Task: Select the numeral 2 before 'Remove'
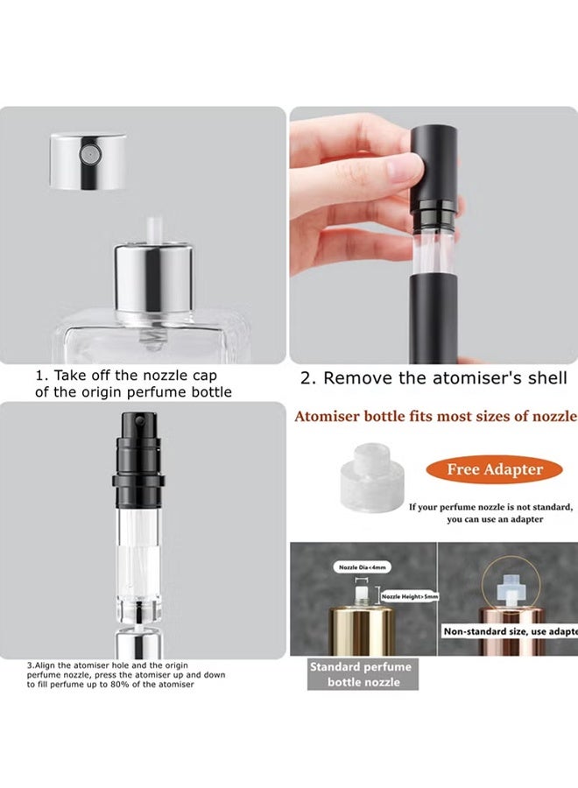coord(307,378)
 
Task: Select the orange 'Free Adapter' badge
coord(495,469)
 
